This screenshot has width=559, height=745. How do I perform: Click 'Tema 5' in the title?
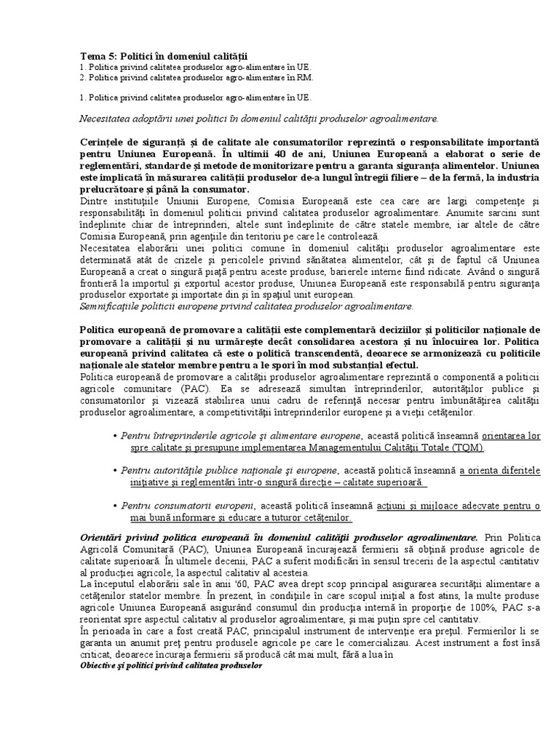coord(97,55)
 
